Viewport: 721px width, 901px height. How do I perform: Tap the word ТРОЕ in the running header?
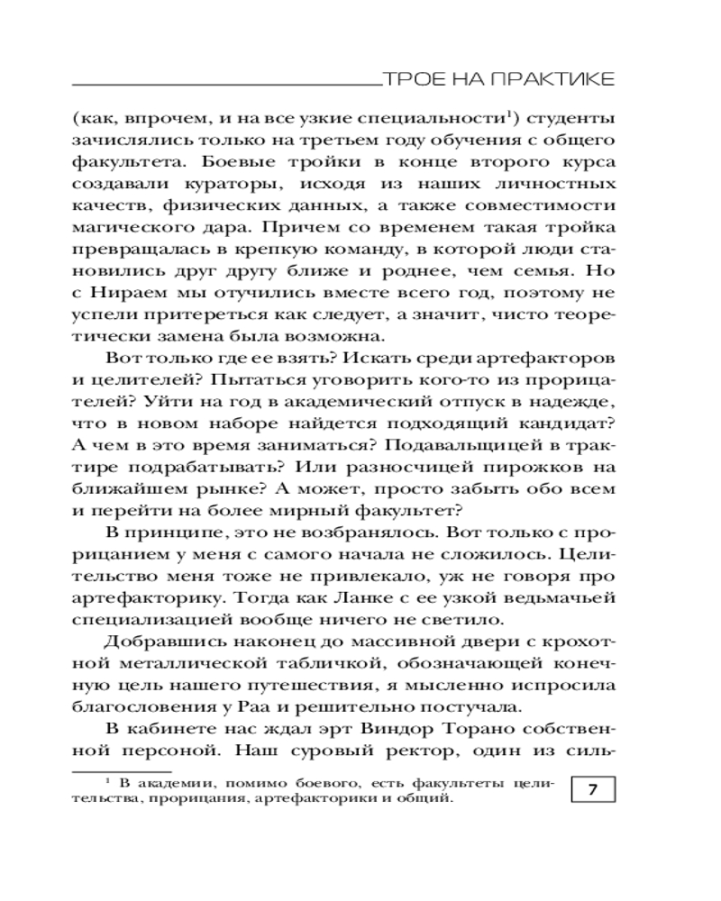(x=407, y=81)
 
